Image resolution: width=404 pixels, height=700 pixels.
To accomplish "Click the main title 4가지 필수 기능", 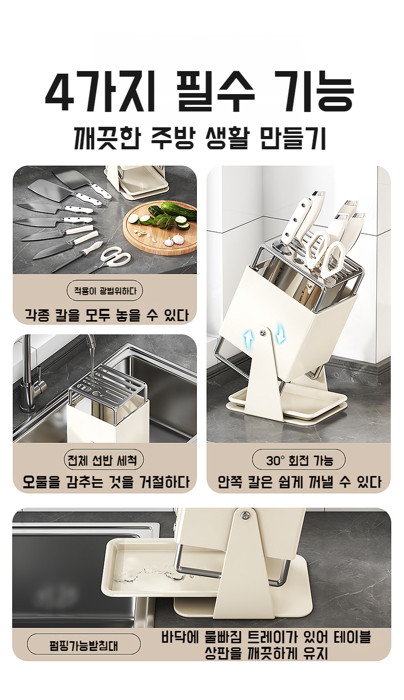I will pos(199,94).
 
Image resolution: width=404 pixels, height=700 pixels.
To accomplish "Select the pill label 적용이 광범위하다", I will pos(105,291).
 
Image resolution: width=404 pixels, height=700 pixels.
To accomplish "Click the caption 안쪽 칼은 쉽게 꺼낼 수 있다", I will pos(299,482).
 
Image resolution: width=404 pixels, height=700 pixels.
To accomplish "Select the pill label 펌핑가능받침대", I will pos(83,644).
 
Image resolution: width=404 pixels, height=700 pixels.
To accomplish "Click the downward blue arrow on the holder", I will pos(280,335).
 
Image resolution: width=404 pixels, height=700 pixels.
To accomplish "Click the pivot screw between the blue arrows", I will pos(263,333).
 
